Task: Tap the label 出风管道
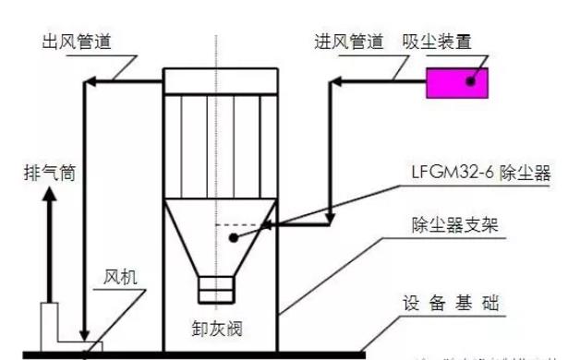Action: [x=76, y=42]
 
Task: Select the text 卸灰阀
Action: [x=219, y=327]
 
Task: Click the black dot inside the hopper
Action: [x=232, y=237]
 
